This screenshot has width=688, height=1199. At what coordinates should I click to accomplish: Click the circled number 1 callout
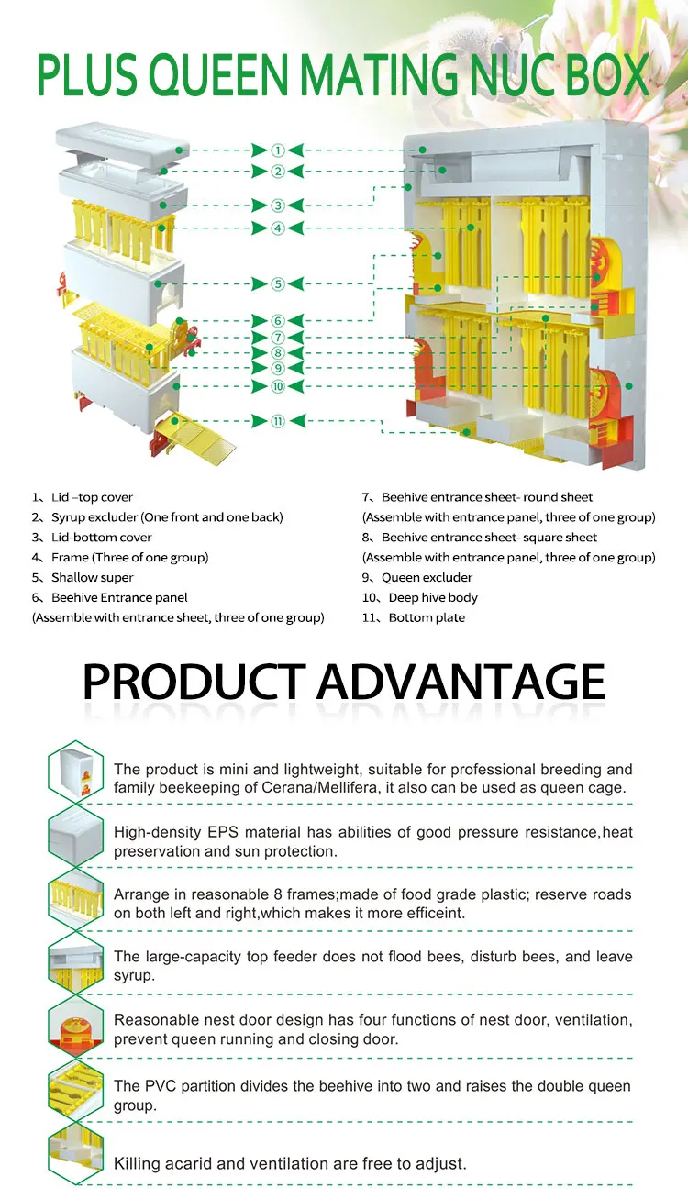pyautogui.click(x=277, y=150)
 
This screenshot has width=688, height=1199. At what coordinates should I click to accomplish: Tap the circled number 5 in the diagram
pyautogui.click(x=277, y=284)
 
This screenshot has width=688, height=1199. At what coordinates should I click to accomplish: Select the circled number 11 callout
pyautogui.click(x=277, y=421)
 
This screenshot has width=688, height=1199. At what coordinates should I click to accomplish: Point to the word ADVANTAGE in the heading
pyautogui.click(x=461, y=681)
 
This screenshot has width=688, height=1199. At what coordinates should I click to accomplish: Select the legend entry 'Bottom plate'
pyautogui.click(x=427, y=618)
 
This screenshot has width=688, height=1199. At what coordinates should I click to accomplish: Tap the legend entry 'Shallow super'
pyautogui.click(x=92, y=578)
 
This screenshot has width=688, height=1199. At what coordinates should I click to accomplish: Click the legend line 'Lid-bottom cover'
pyautogui.click(x=101, y=538)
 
